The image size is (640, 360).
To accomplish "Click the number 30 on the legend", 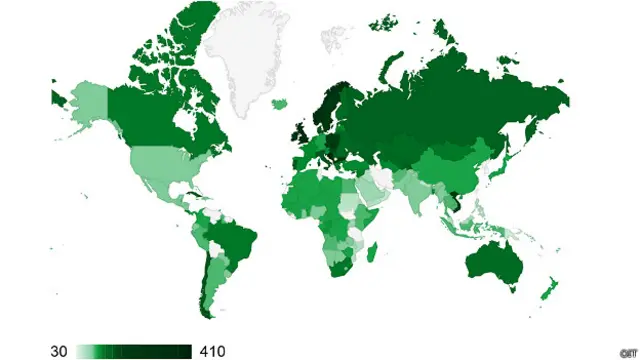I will click(59, 350).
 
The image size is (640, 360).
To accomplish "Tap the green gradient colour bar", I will click(134, 350).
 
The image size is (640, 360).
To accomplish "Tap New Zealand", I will click(547, 291).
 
